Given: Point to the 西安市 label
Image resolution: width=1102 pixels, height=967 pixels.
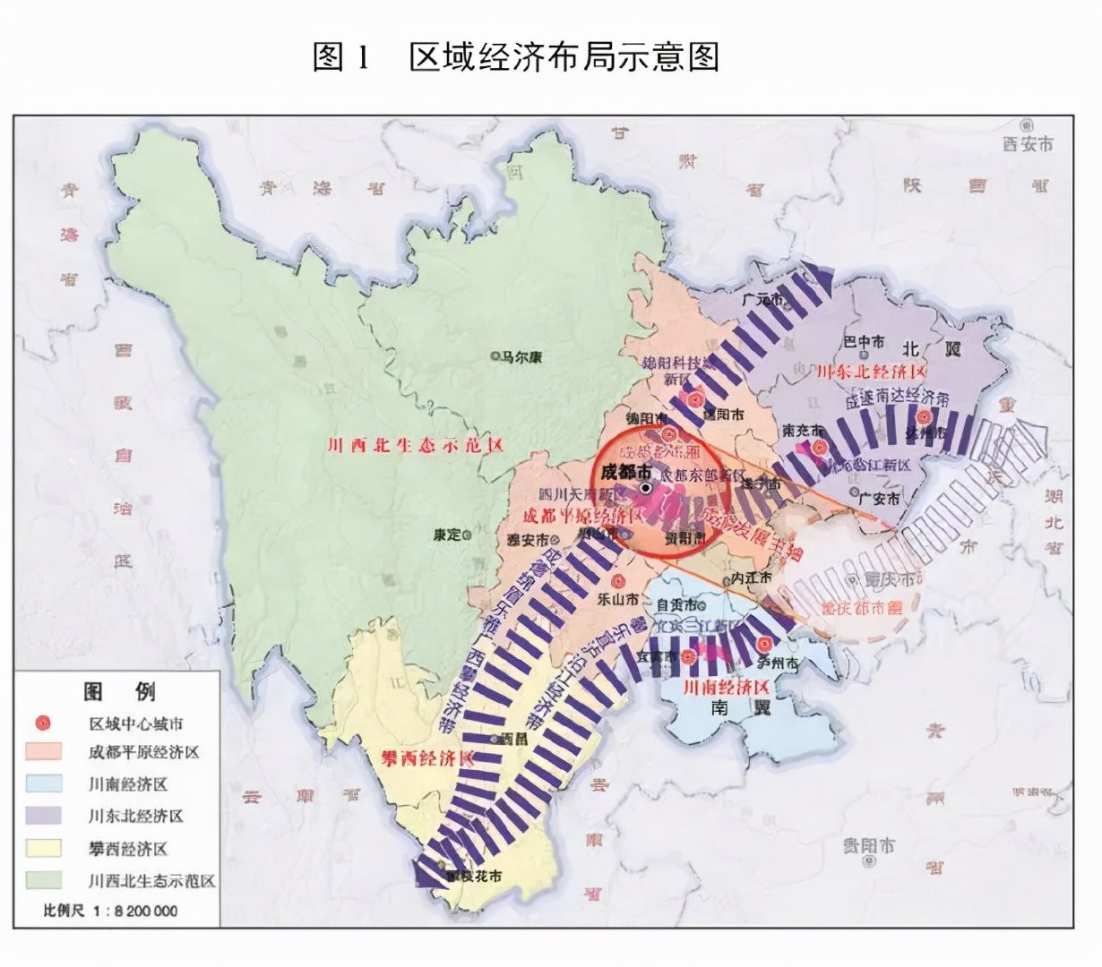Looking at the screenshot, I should coord(1028,143).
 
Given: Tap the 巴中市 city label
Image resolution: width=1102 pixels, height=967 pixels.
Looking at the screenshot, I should coord(865,342).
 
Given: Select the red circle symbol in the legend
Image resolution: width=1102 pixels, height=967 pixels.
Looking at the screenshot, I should coord(43,723).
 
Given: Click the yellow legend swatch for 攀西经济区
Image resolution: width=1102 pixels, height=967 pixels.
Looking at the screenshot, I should coord(43,848).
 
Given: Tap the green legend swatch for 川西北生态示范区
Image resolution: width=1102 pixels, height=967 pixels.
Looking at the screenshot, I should coord(43,879).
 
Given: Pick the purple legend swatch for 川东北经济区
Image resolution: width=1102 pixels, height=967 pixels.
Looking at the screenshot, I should coord(43,816).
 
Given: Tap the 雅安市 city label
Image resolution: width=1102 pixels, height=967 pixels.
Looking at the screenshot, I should coord(529,540).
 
